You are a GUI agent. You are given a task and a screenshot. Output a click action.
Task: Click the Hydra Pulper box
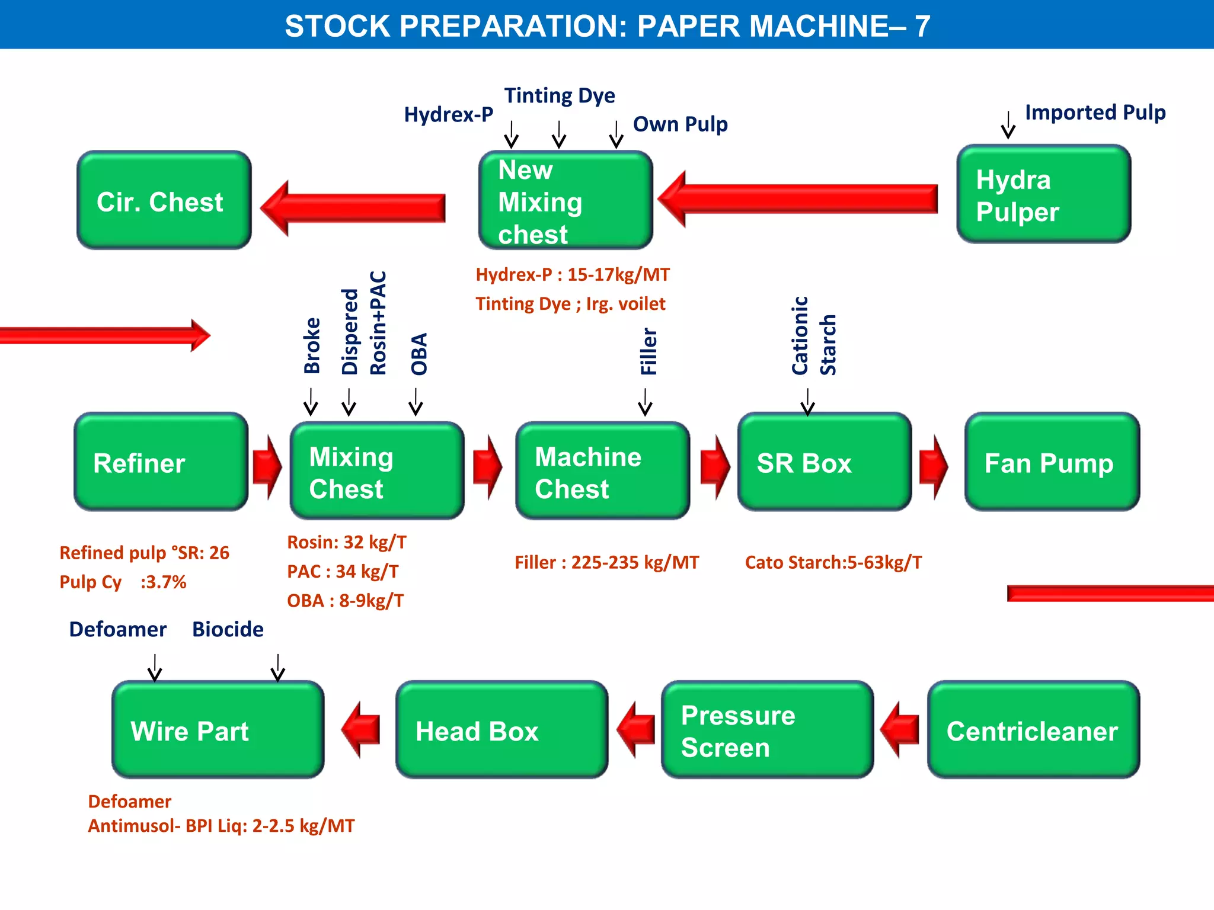(x=1043, y=194)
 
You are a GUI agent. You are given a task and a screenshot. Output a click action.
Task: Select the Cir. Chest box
(x=164, y=200)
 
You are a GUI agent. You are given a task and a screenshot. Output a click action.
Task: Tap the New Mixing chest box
(x=565, y=200)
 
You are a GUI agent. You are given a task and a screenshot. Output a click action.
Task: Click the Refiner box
(x=161, y=462)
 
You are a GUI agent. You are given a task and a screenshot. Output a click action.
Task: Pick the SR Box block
(x=824, y=462)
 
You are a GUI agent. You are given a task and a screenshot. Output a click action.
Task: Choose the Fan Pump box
(x=1052, y=462)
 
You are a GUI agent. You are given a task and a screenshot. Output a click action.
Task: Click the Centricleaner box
(x=1033, y=730)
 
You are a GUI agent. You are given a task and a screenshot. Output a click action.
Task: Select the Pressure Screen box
(x=767, y=730)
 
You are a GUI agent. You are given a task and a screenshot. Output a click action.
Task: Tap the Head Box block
(x=501, y=730)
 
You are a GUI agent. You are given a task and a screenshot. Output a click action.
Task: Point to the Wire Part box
(x=218, y=730)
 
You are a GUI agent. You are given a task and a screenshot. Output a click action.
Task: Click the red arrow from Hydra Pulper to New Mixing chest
(x=797, y=199)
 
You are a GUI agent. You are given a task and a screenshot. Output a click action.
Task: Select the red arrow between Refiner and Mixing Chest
(x=267, y=467)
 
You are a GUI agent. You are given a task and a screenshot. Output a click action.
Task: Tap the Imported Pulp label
(x=1095, y=113)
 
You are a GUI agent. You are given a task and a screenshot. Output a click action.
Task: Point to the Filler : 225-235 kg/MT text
(x=606, y=562)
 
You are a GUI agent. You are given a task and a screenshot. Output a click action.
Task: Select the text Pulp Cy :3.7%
(x=123, y=582)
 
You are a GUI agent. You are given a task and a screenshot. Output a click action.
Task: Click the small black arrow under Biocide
(x=277, y=668)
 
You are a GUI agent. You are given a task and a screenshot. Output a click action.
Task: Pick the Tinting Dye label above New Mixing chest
(x=559, y=96)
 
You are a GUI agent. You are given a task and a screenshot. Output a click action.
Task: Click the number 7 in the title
(x=922, y=26)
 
